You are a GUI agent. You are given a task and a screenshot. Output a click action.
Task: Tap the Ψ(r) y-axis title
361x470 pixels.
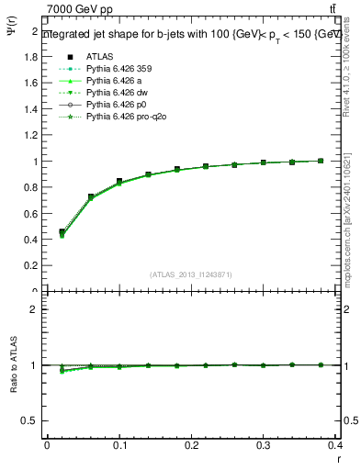point(9,38)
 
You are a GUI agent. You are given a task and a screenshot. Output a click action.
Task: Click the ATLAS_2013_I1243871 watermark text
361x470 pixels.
point(191,274)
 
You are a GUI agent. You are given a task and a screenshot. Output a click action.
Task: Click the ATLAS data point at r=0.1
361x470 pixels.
point(119,182)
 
